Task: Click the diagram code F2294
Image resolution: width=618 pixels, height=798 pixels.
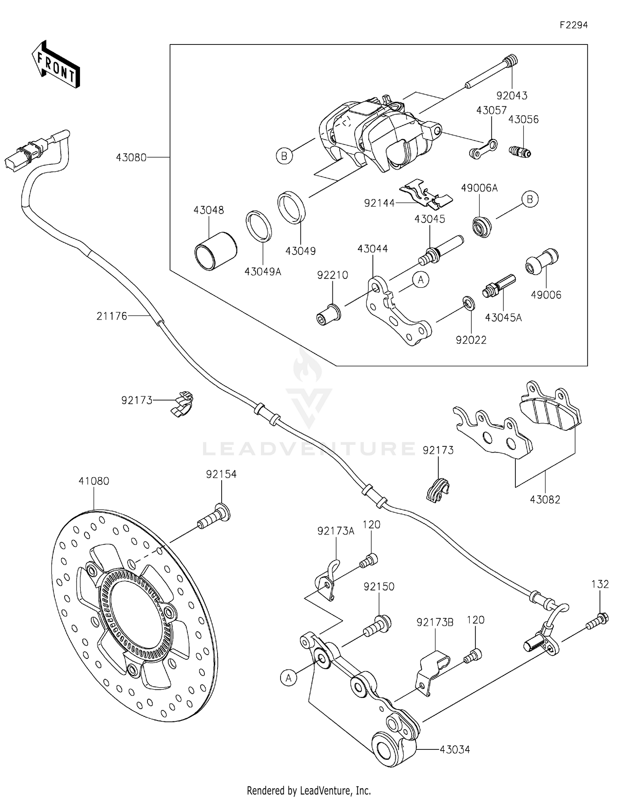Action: [573, 25]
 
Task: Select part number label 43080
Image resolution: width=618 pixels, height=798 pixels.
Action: [131, 157]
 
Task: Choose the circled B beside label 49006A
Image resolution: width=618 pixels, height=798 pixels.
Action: [530, 199]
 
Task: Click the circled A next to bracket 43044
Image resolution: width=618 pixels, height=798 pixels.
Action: [420, 280]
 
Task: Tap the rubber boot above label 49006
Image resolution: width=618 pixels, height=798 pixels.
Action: [541, 262]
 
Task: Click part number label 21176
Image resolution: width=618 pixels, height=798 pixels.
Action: [112, 316]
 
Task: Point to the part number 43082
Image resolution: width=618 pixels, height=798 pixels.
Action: [545, 499]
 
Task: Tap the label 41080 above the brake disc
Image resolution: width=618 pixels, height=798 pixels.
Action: [94, 481]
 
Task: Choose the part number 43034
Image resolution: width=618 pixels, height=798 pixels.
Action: [454, 749]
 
